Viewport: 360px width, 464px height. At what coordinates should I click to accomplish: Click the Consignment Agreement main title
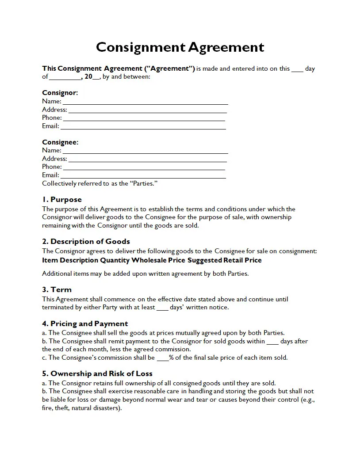180,47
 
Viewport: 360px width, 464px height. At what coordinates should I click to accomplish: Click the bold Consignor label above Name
60,93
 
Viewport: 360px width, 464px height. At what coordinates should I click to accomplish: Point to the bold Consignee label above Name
60,142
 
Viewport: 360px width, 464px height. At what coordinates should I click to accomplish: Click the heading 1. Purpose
62,199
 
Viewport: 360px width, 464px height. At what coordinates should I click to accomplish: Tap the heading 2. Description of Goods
86,241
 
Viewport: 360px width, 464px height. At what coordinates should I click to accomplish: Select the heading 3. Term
57,289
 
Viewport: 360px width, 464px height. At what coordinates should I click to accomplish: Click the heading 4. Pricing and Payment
85,323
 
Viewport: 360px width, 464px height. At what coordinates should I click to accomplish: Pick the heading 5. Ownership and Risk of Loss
97,374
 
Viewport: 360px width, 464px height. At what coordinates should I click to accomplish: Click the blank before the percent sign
163,358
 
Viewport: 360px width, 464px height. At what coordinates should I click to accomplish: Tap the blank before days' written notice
162,308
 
